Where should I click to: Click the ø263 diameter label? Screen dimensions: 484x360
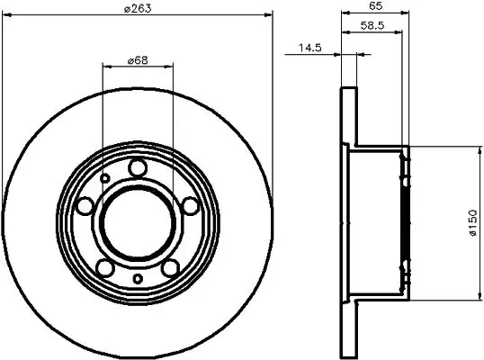point(138,8)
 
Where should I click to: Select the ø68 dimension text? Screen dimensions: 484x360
point(138,60)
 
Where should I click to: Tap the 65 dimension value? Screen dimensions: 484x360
point(376,5)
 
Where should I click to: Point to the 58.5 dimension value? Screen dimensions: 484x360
point(372,25)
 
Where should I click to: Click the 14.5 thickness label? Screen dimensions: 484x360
point(310,48)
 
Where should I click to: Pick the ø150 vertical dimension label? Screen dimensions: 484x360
point(472,223)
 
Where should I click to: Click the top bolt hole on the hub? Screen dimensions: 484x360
point(138,167)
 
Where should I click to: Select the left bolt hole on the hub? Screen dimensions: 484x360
point(85,205)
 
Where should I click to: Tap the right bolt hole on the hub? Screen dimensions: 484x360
point(191,205)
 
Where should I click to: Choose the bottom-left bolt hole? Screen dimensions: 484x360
point(105,267)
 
